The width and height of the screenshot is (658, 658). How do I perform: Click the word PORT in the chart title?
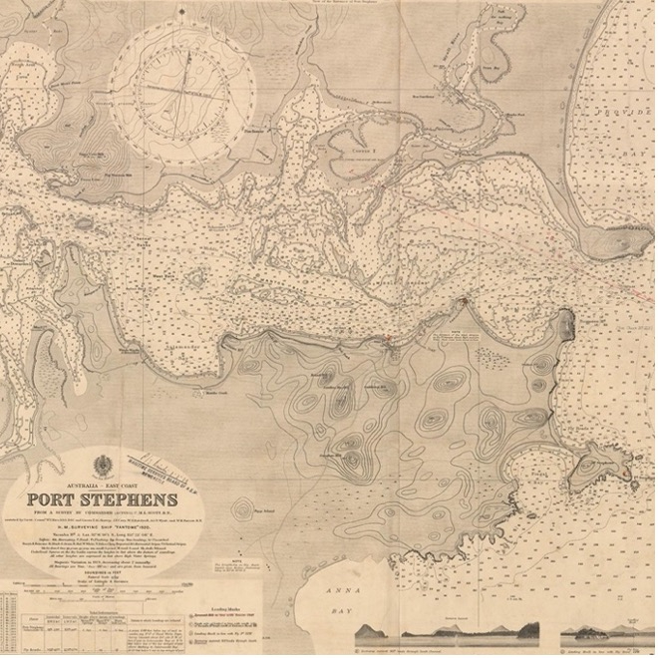click(x=58, y=498)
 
